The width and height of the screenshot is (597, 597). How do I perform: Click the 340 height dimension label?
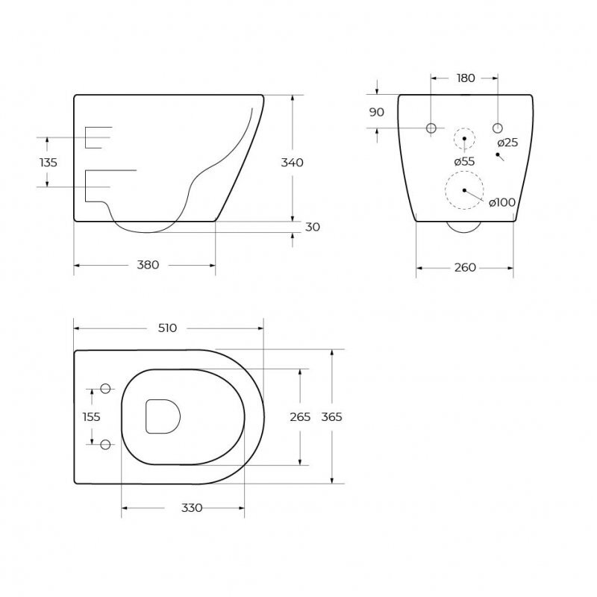[x=292, y=163]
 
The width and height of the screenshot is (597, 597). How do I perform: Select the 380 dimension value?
[x=148, y=265]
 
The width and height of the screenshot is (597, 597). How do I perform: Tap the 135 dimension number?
[x=49, y=163]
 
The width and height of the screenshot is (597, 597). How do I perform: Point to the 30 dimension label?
[x=313, y=227]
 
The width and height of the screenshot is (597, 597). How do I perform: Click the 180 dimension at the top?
[x=466, y=78]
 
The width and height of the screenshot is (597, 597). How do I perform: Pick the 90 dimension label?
[x=377, y=113]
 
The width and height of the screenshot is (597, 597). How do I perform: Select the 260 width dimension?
[x=465, y=268]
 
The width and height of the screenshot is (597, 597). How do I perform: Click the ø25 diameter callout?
[x=508, y=143]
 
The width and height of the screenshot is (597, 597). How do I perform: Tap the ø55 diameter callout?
[x=464, y=161]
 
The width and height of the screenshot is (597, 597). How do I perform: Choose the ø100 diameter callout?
[x=502, y=202]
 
